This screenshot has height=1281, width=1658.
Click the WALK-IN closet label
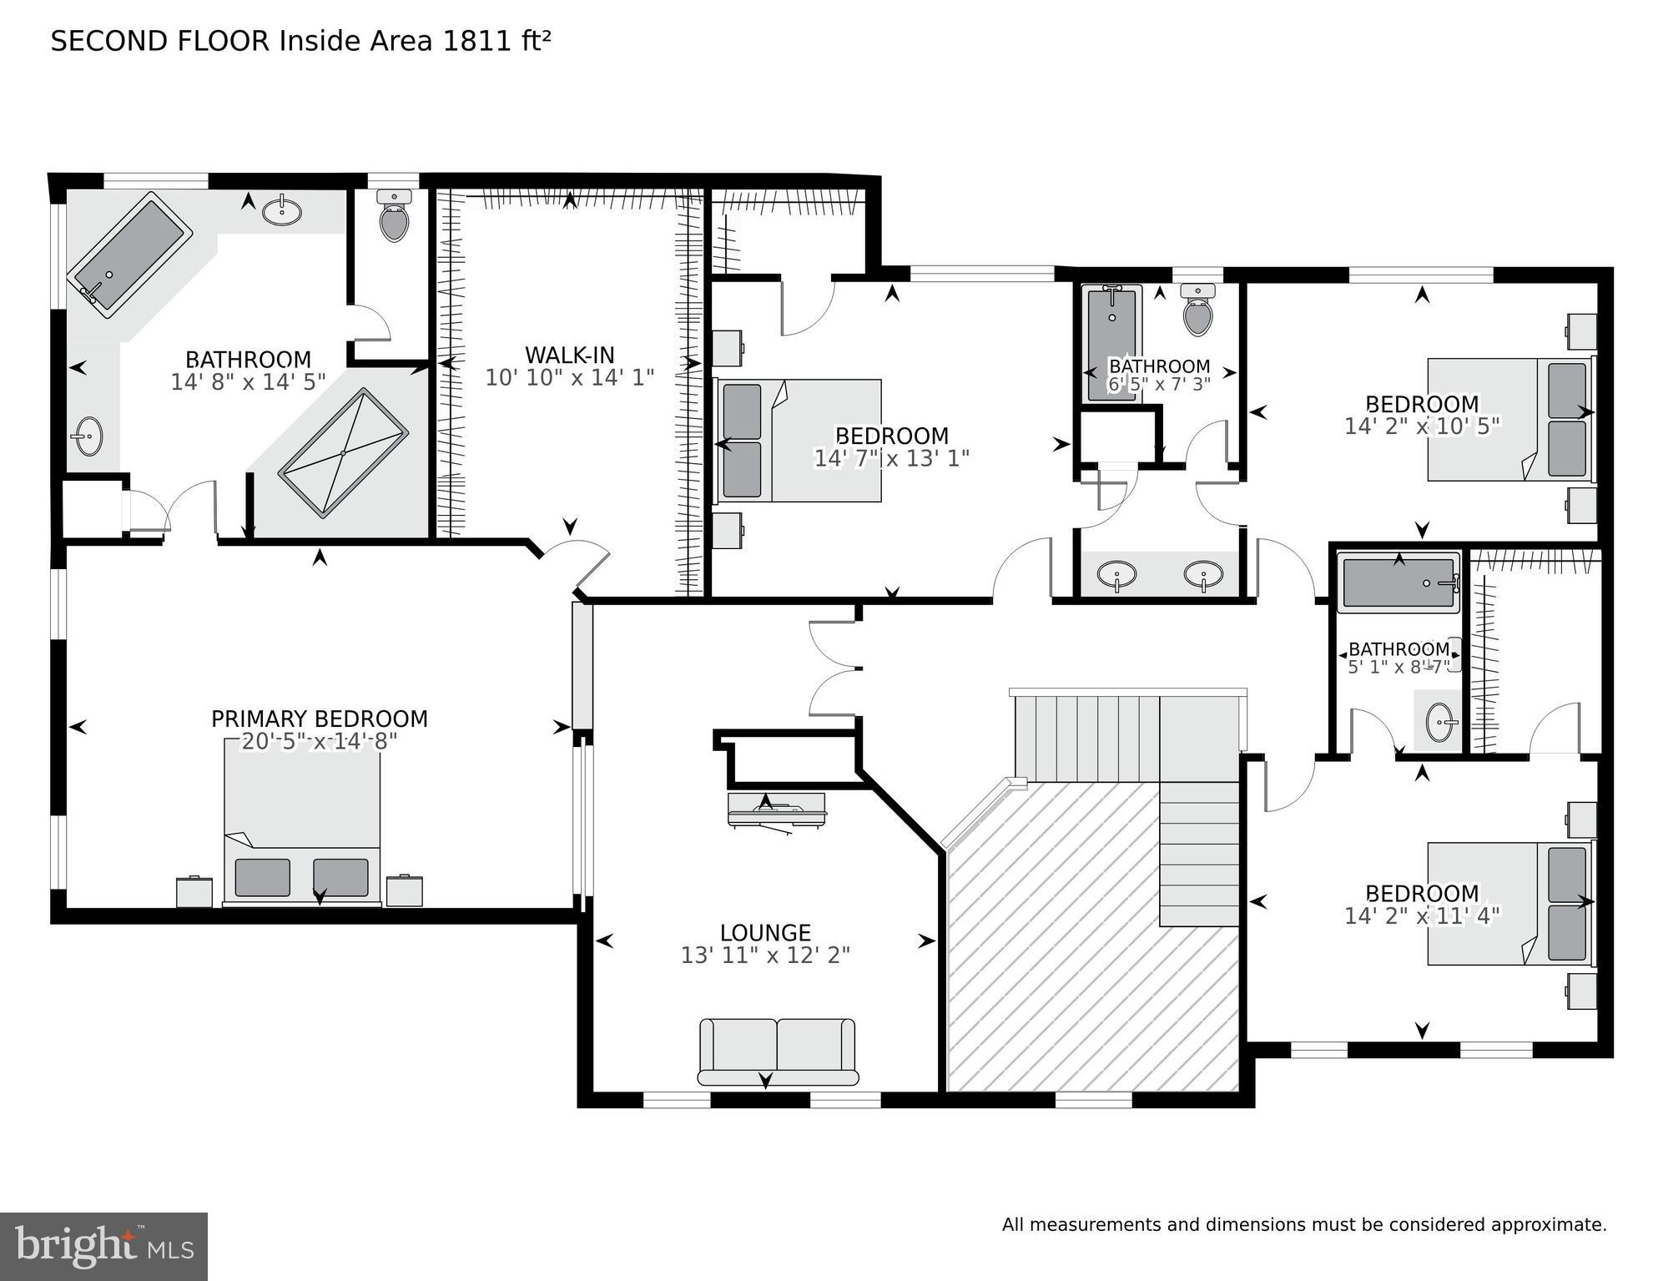pyautogui.click(x=569, y=355)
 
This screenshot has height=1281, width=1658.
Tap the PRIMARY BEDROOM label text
pyautogui.click(x=319, y=719)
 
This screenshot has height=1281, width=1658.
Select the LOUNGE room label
pyautogui.click(x=765, y=932)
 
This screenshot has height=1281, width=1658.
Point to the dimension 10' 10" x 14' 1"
pyautogui.click(x=569, y=378)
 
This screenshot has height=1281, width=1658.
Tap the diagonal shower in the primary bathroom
pyautogui.click(x=344, y=452)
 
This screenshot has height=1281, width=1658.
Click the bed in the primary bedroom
pyautogui.click(x=302, y=822)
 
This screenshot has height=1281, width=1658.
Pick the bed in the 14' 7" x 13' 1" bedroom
pyautogui.click(x=799, y=441)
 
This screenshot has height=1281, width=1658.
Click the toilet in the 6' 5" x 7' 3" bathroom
pyautogui.click(x=1198, y=310)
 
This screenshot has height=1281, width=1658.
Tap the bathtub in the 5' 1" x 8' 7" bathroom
pyautogui.click(x=1398, y=583)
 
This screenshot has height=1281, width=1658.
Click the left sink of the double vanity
pyautogui.click(x=1116, y=575)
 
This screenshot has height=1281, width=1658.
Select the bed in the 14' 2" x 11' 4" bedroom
pyautogui.click(x=1509, y=904)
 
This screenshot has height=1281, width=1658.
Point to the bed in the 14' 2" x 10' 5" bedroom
pyautogui.click(x=1509, y=419)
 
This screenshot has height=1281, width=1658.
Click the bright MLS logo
pyautogui.click(x=103, y=1247)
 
